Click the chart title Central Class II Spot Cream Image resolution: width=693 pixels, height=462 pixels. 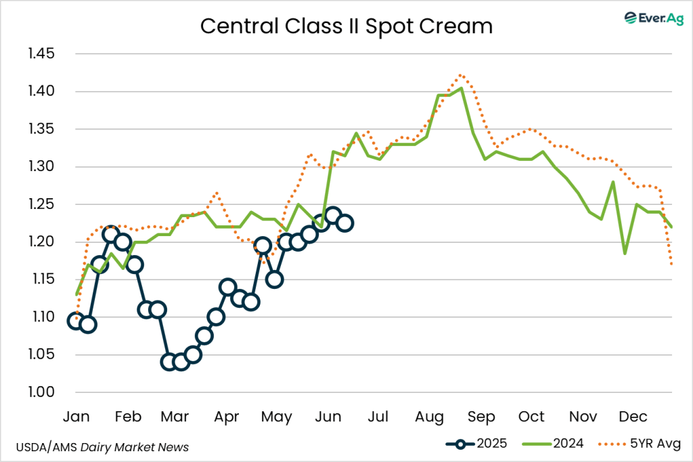pyautogui.click(x=346, y=26)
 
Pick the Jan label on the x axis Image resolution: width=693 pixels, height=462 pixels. pyautogui.click(x=76, y=416)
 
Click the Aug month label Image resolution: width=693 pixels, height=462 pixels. pyautogui.click(x=428, y=416)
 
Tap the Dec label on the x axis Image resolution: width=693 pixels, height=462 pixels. pyautogui.click(x=631, y=416)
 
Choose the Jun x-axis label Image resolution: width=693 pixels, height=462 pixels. pyautogui.click(x=328, y=416)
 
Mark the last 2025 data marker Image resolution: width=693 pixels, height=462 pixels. pyautogui.click(x=345, y=223)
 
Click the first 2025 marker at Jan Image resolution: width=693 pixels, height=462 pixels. pyautogui.click(x=76, y=321)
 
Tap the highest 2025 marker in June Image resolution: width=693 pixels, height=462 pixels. pyautogui.click(x=332, y=216)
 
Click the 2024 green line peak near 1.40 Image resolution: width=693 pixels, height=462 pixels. pyautogui.click(x=461, y=88)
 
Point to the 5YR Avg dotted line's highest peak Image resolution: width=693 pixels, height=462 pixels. pyautogui.click(x=461, y=75)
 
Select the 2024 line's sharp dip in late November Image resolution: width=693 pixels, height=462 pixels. pyautogui.click(x=625, y=253)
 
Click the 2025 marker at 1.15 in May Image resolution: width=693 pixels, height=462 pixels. pyautogui.click(x=274, y=279)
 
